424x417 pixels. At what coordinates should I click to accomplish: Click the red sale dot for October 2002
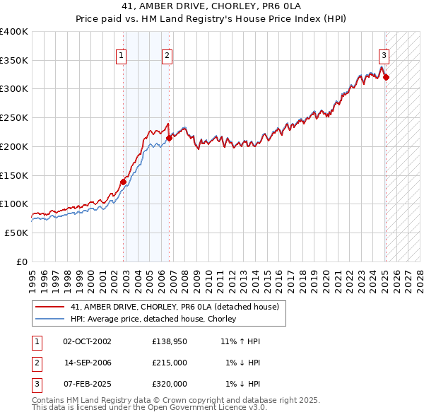(x=123, y=182)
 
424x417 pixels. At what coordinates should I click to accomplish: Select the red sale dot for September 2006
(x=170, y=139)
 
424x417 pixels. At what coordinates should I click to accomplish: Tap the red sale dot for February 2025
(x=387, y=77)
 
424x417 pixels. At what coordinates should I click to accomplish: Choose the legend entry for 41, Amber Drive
(x=175, y=307)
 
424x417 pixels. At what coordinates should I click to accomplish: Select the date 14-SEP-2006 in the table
(x=88, y=363)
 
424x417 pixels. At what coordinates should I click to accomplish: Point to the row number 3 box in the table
(x=36, y=384)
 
